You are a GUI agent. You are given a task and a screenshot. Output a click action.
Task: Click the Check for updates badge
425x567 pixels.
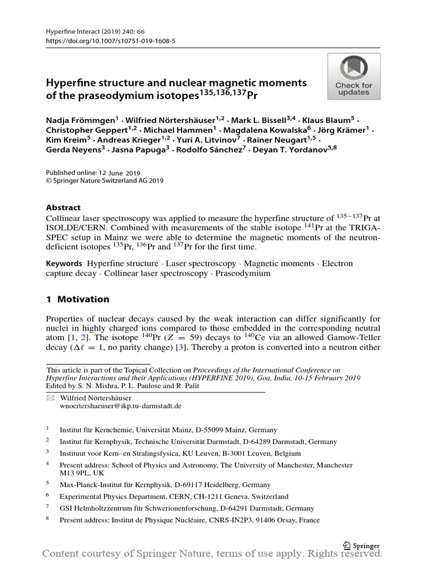tap(354, 76)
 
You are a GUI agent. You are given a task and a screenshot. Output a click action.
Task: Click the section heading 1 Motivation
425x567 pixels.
tap(77, 299)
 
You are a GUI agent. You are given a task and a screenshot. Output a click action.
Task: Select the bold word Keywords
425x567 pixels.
tap(64, 264)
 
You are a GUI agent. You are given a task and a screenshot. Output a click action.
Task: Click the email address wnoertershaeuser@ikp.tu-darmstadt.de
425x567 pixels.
tap(120, 405)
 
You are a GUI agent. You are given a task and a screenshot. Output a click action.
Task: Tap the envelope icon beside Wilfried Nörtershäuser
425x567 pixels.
tap(50, 398)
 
